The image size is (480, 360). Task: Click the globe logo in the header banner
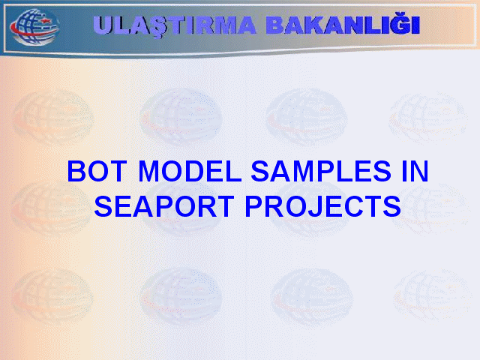click(x=34, y=27)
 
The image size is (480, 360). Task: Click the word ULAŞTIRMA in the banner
click(x=174, y=25)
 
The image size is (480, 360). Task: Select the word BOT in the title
click(x=97, y=171)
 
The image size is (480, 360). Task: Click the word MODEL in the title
click(x=190, y=171)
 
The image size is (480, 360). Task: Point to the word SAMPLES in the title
click(x=321, y=171)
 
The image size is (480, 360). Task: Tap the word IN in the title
click(x=415, y=171)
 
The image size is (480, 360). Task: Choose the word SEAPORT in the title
click(x=164, y=206)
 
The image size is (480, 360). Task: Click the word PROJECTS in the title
click(x=323, y=206)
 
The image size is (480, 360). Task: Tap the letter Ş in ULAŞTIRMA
click(x=158, y=27)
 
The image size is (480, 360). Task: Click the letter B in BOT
click(x=76, y=171)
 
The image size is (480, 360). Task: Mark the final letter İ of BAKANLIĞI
click(x=415, y=23)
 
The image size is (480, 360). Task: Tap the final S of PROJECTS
click(x=391, y=207)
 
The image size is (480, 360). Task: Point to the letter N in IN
click(x=419, y=171)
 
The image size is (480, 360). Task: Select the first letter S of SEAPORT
click(x=103, y=207)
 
